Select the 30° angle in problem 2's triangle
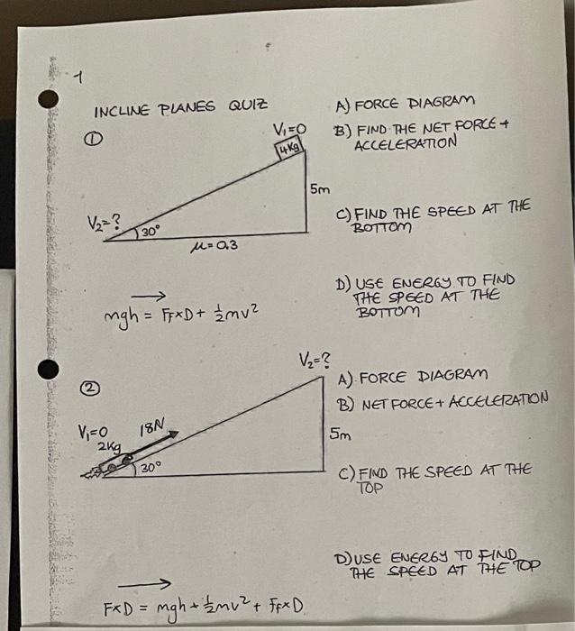(150, 468)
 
